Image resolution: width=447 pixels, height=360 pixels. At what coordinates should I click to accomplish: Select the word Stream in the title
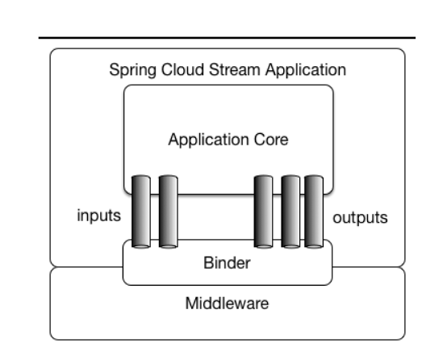tap(228, 69)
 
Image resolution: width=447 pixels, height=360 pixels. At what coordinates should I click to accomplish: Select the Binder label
tap(227, 265)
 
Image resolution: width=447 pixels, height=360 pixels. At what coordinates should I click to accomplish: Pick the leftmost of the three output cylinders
tap(263, 211)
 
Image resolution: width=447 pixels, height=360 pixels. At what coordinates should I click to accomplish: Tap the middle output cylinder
tap(289, 211)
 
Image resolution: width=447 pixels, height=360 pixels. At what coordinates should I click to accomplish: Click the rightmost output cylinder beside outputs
tap(314, 211)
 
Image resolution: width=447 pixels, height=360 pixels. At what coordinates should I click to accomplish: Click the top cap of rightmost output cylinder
tap(314, 177)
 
